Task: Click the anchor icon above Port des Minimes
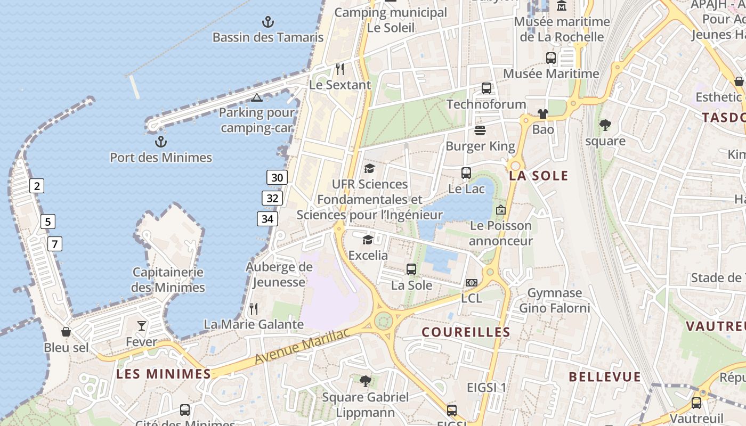point(160,142)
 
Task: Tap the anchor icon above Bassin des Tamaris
point(268,22)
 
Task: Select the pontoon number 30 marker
point(277,177)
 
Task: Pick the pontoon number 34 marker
point(267,218)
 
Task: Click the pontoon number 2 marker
point(36,186)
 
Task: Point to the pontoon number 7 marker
point(54,244)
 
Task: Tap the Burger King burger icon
point(480,130)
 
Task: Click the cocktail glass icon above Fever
point(142,325)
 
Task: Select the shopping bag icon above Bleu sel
point(66,332)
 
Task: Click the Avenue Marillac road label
point(302,347)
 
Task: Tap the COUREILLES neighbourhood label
point(466,332)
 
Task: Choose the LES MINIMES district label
point(164,374)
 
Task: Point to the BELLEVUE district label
point(605,377)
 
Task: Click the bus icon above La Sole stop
point(411,269)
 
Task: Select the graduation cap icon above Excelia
point(368,240)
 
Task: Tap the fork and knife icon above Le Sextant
point(340,69)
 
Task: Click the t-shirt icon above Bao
point(542,113)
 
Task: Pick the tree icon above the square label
point(605,125)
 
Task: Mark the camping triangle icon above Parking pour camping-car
point(257,97)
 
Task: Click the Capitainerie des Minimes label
point(168,280)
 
